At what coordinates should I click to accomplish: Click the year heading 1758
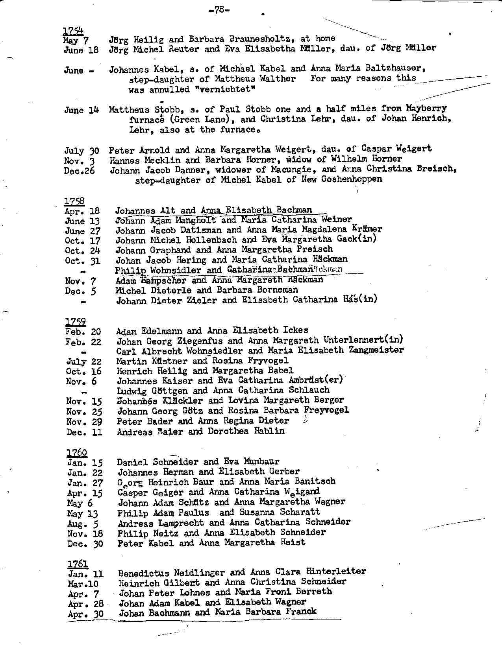pyautogui.click(x=74, y=201)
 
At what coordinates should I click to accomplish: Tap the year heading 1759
pyautogui.click(x=75, y=322)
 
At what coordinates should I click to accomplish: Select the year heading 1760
pyautogui.click(x=76, y=453)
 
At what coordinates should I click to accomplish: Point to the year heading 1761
pyautogui.click(x=78, y=564)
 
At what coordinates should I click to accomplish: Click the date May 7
pyautogui.click(x=76, y=40)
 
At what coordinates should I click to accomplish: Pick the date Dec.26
pyautogui.click(x=79, y=171)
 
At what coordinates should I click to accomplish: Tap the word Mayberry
pyautogui.click(x=426, y=108)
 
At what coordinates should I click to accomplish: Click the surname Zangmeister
pyautogui.click(x=376, y=350)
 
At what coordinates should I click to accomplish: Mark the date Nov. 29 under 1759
pyautogui.click(x=84, y=422)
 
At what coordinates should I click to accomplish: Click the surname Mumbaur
pyautogui.click(x=261, y=461)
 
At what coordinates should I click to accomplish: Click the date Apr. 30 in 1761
pyautogui.click(x=86, y=614)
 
